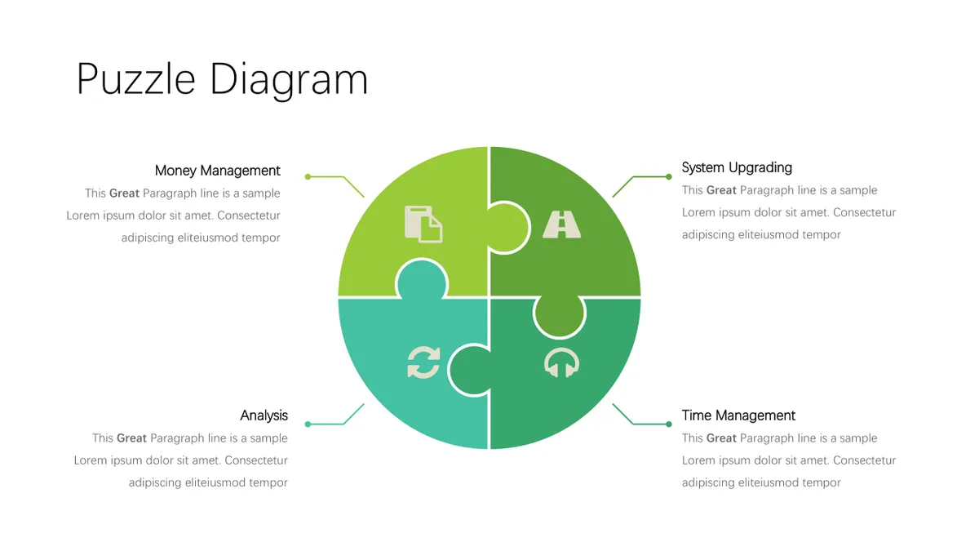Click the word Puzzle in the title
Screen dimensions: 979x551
pyautogui.click(x=136, y=80)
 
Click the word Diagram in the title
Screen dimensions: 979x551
pyautogui.click(x=289, y=81)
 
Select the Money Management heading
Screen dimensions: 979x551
pyautogui.click(x=217, y=171)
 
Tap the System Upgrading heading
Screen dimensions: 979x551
pyautogui.click(x=737, y=167)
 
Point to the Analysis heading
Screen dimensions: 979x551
pyautogui.click(x=264, y=415)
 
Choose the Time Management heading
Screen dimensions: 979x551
pyautogui.click(x=738, y=415)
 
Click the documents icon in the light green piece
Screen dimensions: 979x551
pyautogui.click(x=423, y=224)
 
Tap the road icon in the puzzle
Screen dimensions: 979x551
pyautogui.click(x=561, y=224)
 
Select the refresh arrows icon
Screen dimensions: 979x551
pyautogui.click(x=423, y=362)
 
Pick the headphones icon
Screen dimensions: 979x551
pyautogui.click(x=561, y=362)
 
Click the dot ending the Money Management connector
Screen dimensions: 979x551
pyautogui.click(x=308, y=176)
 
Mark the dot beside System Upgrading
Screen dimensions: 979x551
pyautogui.click(x=669, y=176)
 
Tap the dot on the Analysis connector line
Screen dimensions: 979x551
pyautogui.click(x=308, y=424)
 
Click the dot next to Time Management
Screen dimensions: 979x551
pyautogui.click(x=669, y=424)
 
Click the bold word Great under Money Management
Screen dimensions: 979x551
pyautogui.click(x=124, y=193)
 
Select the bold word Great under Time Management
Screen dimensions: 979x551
pyautogui.click(x=721, y=438)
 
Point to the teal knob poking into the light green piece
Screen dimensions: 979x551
pyautogui.click(x=422, y=280)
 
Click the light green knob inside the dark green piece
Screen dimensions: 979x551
pyautogui.click(x=507, y=228)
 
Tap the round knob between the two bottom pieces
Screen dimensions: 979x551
pyautogui.click(x=470, y=370)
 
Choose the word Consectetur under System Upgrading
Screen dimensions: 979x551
pyautogui.click(x=865, y=212)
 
